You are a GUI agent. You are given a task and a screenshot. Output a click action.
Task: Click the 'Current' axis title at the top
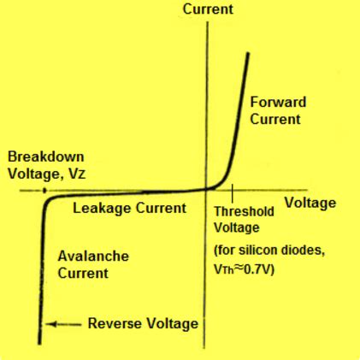[208, 9]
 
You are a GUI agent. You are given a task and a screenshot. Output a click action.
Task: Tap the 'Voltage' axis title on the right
[310, 203]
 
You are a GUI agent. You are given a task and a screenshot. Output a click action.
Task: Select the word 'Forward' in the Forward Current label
[278, 103]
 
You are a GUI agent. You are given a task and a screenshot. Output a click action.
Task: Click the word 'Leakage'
[102, 208]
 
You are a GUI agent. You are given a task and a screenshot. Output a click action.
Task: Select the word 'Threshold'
[244, 211]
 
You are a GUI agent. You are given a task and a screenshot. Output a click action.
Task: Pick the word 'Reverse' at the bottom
[116, 323]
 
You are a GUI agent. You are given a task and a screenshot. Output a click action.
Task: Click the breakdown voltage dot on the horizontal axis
[42, 190]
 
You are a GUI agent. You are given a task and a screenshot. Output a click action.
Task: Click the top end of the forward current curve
[248, 54]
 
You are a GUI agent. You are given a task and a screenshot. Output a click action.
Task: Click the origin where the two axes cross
[207, 190]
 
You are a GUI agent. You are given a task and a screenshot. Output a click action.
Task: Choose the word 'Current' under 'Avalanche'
[83, 274]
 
